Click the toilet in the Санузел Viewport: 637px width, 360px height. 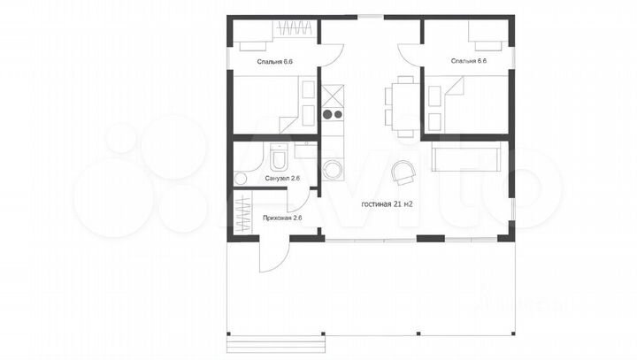pyautogui.click(x=279, y=157)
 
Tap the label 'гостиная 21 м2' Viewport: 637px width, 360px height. pyautogui.click(x=387, y=204)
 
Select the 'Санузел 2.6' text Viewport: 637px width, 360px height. pyautogui.click(x=282, y=178)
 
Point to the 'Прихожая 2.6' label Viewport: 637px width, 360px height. pyautogui.click(x=282, y=218)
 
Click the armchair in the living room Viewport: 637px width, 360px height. pyautogui.click(x=403, y=172)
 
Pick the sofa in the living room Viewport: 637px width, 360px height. pyautogui.click(x=466, y=159)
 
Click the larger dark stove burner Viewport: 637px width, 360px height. pyautogui.click(x=327, y=115)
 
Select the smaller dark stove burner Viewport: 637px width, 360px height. pyautogui.click(x=338, y=115)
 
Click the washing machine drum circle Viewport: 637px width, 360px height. pyautogui.click(x=333, y=170)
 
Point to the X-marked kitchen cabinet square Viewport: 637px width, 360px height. pyautogui.click(x=333, y=96)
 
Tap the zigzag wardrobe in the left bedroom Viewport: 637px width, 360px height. pyautogui.click(x=295, y=28)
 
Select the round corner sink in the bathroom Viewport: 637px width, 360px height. pyautogui.click(x=241, y=179)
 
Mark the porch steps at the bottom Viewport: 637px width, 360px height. pyautogui.click(x=276, y=345)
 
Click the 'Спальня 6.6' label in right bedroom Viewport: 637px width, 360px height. pyautogui.click(x=469, y=61)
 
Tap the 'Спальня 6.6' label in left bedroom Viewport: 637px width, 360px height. pyautogui.click(x=274, y=62)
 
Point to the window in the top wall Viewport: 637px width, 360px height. pyautogui.click(x=370, y=17)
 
